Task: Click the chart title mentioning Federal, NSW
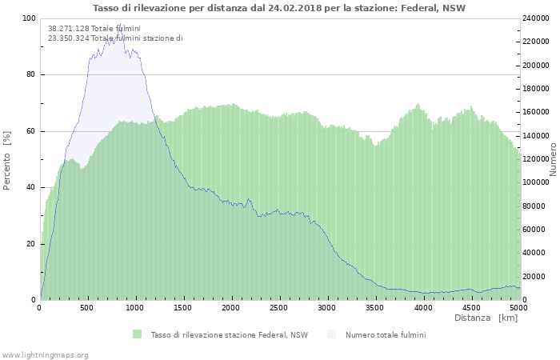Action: (279, 8)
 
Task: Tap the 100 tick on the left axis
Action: (30, 18)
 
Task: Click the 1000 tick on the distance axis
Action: (135, 307)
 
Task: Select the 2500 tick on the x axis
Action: (279, 307)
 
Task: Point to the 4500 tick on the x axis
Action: (471, 307)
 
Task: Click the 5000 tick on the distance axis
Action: (518, 307)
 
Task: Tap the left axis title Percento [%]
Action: (7, 159)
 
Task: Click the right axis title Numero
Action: (552, 159)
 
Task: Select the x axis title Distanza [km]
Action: (486, 318)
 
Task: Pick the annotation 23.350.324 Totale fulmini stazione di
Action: (115, 38)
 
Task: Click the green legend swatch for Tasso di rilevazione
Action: (138, 334)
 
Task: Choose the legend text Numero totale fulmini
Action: (386, 334)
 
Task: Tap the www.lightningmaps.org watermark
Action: (45, 354)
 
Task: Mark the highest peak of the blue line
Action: (120, 24)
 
